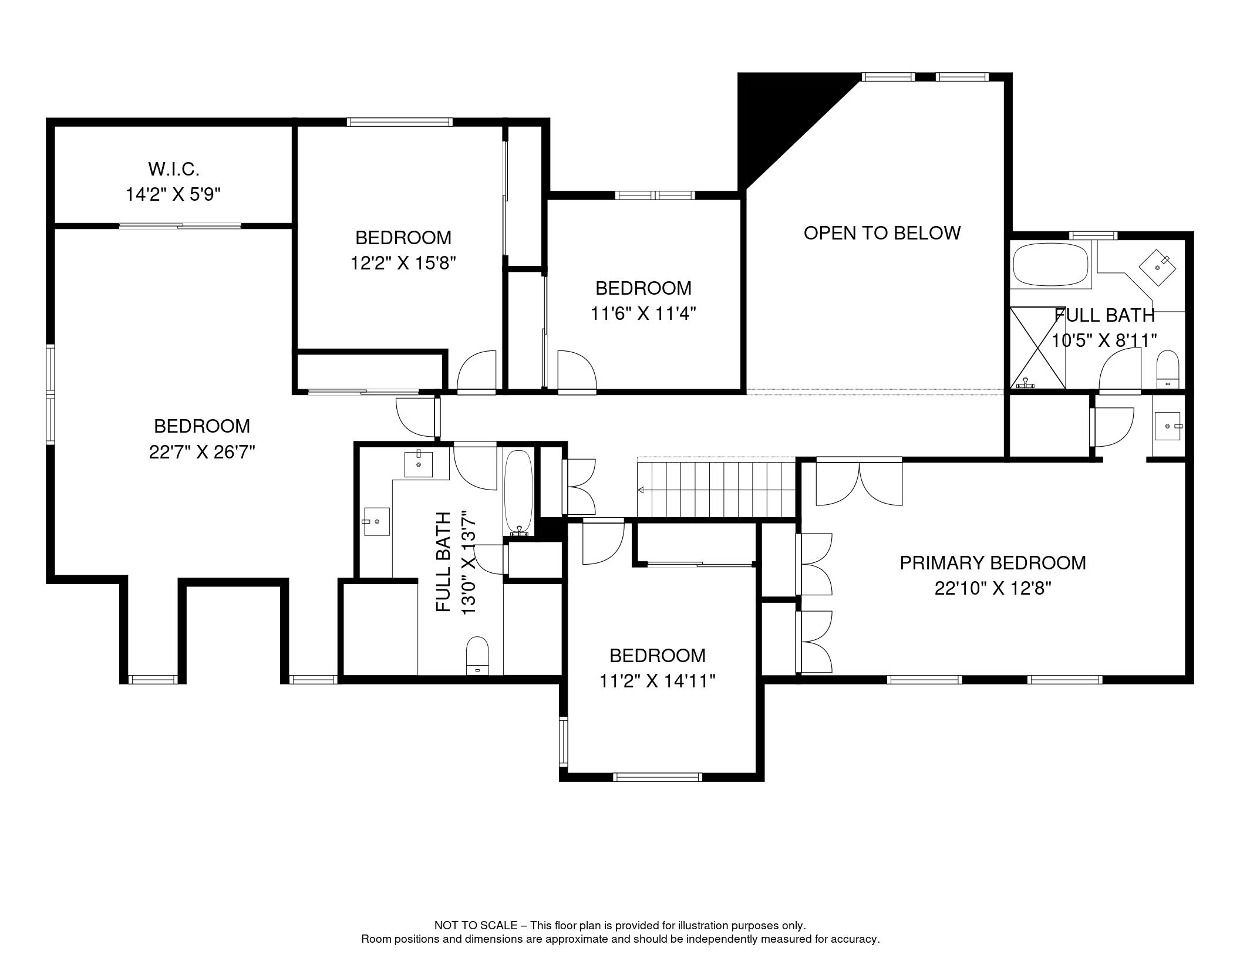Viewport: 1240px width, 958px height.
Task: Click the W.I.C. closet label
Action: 174,169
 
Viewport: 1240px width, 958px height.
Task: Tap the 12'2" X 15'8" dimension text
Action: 403,263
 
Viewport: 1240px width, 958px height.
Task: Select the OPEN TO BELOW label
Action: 882,233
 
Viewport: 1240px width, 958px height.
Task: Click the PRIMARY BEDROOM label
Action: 993,563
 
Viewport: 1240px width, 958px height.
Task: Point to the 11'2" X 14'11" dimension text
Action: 657,681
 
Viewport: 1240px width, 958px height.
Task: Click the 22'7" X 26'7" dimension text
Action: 202,452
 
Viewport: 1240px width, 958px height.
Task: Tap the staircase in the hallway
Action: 716,490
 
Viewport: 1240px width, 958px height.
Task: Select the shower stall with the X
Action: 1037,348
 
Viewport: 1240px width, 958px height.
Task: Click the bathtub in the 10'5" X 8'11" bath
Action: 1050,265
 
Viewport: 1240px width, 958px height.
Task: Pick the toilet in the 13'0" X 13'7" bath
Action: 477,656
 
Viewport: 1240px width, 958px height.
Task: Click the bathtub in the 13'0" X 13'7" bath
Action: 518,493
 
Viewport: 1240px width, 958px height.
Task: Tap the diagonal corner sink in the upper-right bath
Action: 1158,268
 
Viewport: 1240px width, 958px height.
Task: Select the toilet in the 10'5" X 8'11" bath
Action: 1167,370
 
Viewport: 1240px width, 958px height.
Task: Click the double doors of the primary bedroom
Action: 859,481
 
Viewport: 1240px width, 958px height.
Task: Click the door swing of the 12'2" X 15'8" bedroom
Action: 476,372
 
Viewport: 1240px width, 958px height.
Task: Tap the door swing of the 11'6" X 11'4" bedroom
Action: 577,372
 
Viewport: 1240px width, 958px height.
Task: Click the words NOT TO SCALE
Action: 476,925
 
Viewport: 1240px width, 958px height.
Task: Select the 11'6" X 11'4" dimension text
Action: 643,313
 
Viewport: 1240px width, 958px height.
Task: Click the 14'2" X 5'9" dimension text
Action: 173,194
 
